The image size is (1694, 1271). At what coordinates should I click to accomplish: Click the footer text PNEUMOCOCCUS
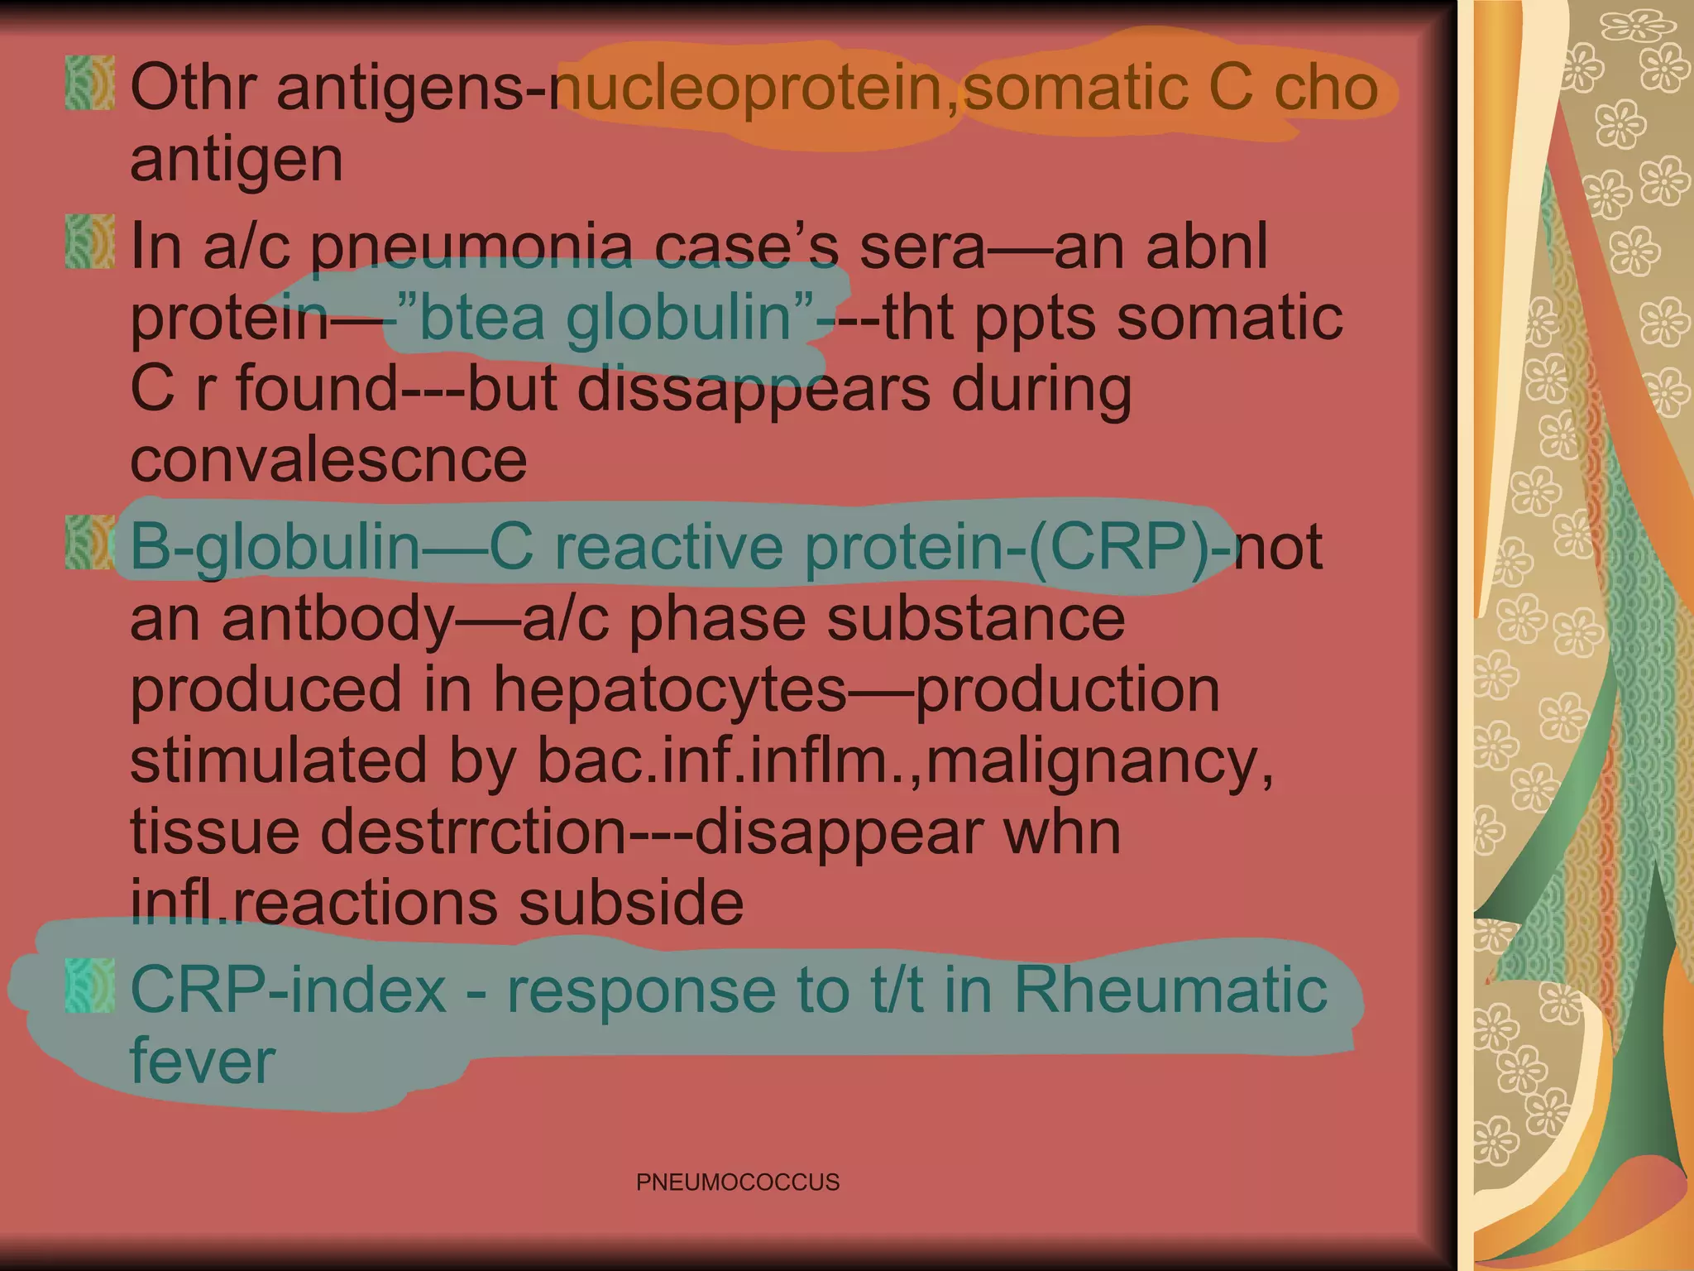(x=737, y=1182)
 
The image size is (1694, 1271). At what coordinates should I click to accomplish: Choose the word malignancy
(x=1092, y=760)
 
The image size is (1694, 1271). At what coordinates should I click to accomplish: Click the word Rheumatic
(x=1170, y=990)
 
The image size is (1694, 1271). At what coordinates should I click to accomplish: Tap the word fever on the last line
(x=203, y=1061)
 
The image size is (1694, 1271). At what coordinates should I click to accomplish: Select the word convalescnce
(x=328, y=460)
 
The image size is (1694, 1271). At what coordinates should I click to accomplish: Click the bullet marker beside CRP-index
(x=89, y=986)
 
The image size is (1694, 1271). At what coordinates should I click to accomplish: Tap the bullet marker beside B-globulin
(x=89, y=543)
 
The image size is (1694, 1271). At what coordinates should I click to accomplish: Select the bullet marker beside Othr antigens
(x=89, y=84)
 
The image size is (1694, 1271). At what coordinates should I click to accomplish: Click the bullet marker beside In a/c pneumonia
(x=89, y=242)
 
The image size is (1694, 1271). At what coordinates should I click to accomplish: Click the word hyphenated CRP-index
(x=288, y=990)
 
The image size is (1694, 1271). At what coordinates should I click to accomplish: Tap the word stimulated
(x=279, y=760)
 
